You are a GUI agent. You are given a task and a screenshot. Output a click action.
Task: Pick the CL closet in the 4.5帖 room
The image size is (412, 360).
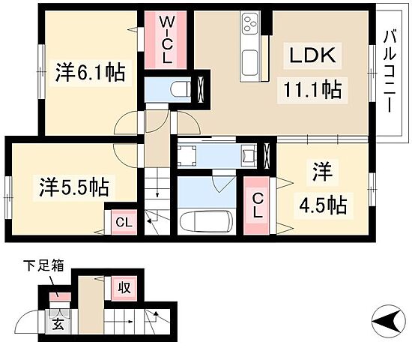(257, 203)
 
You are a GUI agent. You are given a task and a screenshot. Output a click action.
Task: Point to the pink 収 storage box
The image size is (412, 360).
(122, 286)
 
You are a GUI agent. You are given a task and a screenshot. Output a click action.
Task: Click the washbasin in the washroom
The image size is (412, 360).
(248, 156)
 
